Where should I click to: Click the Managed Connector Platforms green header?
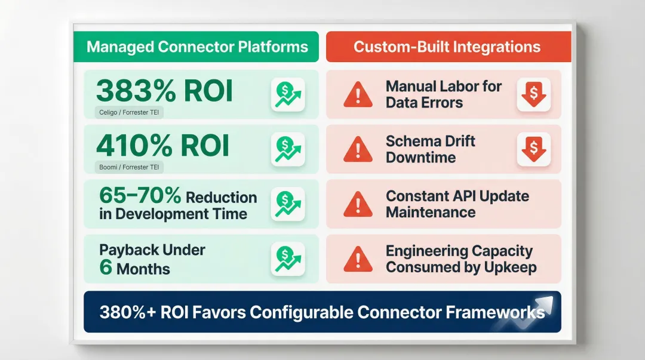(197, 47)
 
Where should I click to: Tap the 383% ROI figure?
(164, 91)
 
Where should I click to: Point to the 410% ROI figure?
(162, 146)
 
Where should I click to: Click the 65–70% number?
(140, 196)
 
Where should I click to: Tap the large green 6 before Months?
(106, 266)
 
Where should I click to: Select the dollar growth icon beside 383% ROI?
(287, 94)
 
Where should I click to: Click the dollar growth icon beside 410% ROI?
(287, 149)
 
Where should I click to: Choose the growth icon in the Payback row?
(287, 259)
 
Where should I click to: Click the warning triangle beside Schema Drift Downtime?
(358, 150)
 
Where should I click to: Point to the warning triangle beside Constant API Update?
(358, 204)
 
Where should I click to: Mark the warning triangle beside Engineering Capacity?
(358, 259)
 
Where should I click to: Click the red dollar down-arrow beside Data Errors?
(533, 94)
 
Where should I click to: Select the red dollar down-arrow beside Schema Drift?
(533, 149)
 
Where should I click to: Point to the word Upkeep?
(511, 267)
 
